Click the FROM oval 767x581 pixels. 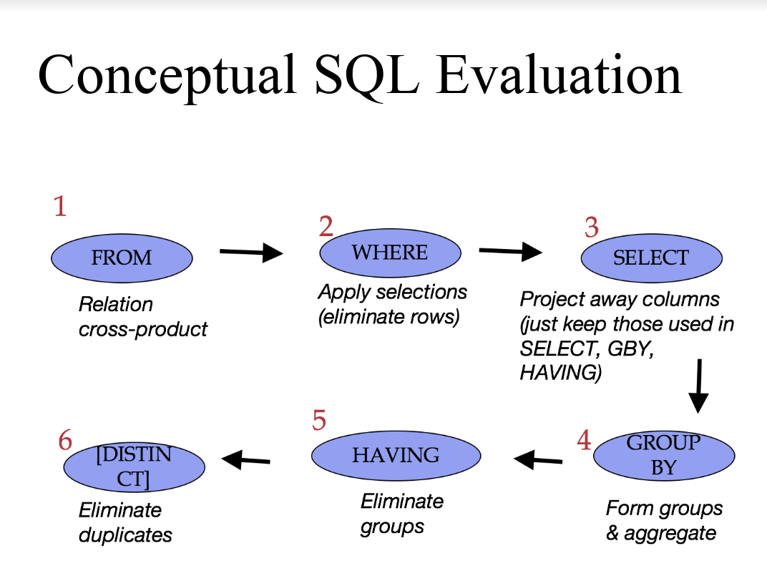tap(122, 258)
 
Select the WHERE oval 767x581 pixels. tap(391, 253)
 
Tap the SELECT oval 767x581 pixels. tap(652, 258)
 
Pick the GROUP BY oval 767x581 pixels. tap(664, 456)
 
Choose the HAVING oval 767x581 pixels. tap(396, 455)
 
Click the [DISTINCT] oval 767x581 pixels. tap(134, 467)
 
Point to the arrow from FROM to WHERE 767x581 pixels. tap(251, 253)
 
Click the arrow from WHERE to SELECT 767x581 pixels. tap(511, 251)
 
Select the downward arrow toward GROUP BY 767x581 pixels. tap(699, 386)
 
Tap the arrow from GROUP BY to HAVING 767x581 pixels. tap(538, 459)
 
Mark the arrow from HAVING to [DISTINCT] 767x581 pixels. tap(245, 459)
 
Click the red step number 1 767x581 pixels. tap(60, 206)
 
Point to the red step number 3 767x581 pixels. tap(592, 228)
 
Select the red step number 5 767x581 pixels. tap(319, 420)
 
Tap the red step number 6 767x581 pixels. tap(65, 439)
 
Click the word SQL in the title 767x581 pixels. tap(366, 76)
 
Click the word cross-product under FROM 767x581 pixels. tap(143, 329)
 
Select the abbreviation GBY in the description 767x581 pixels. tap(630, 348)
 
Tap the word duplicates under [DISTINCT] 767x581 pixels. tap(125, 535)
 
